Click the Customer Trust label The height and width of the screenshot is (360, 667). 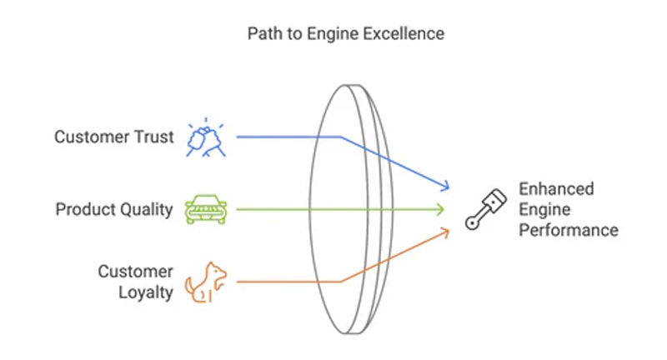(114, 137)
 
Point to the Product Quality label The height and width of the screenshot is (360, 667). (114, 209)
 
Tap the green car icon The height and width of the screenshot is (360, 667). (204, 208)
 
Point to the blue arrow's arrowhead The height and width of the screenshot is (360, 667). (448, 186)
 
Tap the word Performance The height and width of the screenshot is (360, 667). (569, 230)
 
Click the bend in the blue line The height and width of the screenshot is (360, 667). (340, 137)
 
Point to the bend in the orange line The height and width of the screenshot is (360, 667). (340, 282)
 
